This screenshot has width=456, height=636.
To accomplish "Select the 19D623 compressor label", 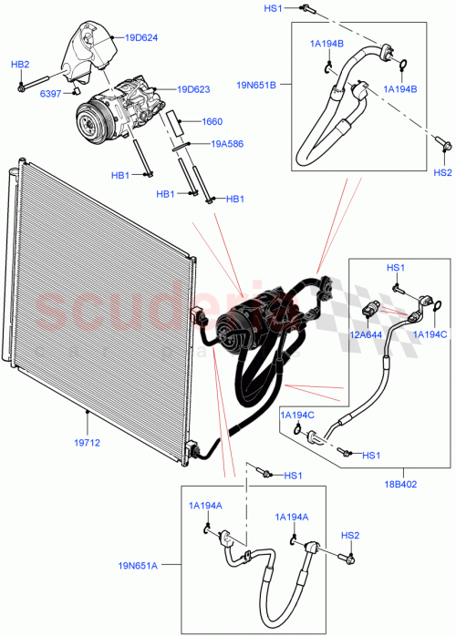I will (193, 89).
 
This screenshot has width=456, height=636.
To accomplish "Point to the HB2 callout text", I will (20, 64).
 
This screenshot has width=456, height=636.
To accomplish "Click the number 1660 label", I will (212, 121).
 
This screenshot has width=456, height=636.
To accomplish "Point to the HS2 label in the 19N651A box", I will (350, 535).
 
